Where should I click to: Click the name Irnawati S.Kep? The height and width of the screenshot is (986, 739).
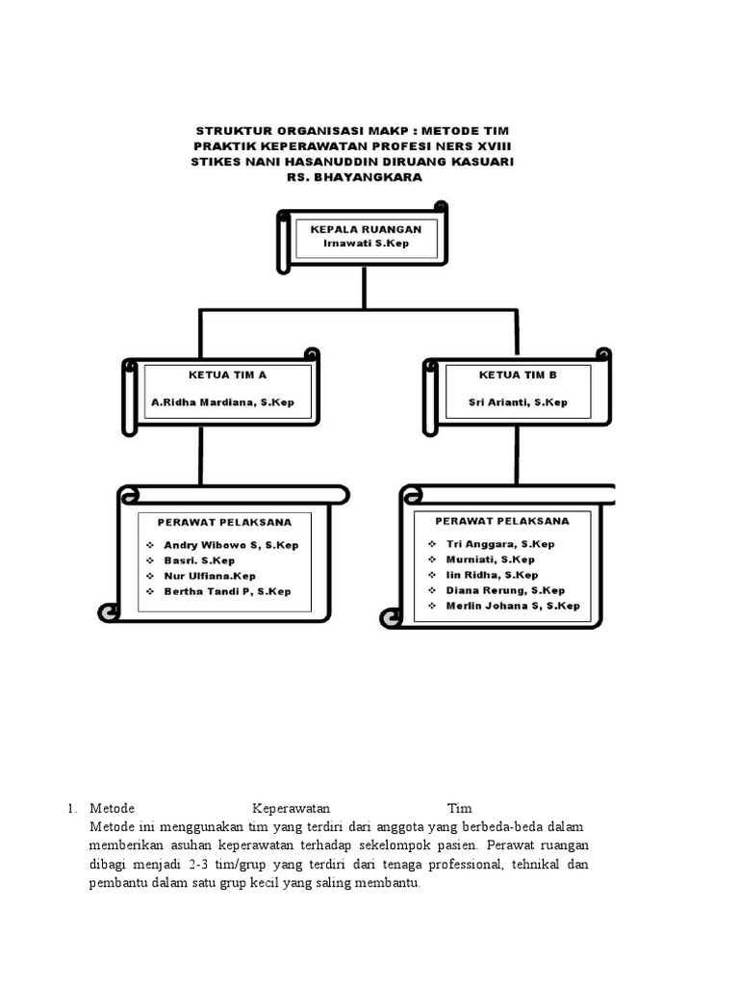[x=366, y=244]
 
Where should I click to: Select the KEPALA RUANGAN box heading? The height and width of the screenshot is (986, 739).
[x=366, y=230]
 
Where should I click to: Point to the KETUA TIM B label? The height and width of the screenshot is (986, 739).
[x=518, y=374]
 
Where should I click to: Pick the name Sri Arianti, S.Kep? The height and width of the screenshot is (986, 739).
[x=518, y=402]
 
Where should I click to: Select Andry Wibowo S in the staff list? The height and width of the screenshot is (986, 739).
[x=231, y=545]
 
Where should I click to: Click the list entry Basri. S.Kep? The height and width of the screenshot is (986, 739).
[x=200, y=560]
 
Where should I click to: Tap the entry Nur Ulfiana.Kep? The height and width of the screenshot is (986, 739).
[x=210, y=576]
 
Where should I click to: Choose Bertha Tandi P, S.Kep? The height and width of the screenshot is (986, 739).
[x=227, y=591]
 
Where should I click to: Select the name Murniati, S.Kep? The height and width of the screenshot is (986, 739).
[x=491, y=559]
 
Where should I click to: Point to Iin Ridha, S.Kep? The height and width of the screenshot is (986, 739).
[x=491, y=575]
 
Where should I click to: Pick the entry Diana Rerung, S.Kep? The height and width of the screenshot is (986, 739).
[x=505, y=590]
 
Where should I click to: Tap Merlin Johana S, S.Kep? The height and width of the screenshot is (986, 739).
[x=513, y=606]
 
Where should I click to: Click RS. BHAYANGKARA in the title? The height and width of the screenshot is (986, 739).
[x=354, y=177]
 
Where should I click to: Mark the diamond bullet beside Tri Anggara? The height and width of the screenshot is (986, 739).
[x=431, y=544]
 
